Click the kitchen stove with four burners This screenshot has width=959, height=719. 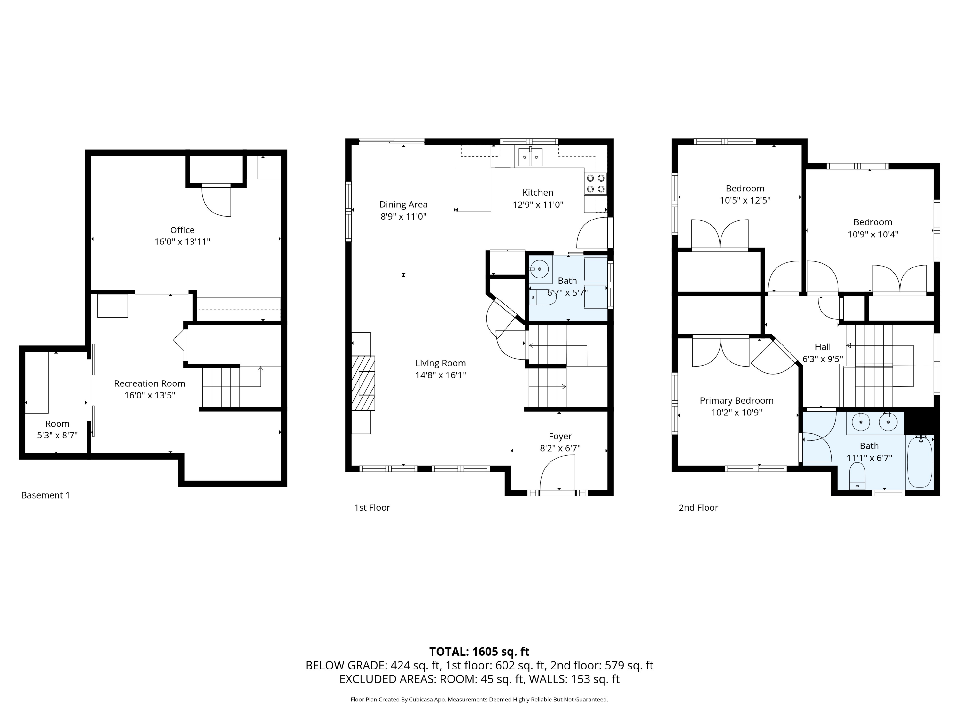595,183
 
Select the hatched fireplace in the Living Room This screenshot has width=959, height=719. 363,383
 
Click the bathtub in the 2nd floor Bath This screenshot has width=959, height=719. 919,462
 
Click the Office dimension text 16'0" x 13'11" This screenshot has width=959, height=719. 182,242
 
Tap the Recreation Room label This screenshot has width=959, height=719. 150,383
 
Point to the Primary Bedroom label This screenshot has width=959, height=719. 736,400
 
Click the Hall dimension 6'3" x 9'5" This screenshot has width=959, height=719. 823,359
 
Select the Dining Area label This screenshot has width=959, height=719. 403,205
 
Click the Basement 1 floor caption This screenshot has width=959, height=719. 45,495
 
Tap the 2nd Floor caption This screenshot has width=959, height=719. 698,507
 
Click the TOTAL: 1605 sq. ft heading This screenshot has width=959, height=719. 479,651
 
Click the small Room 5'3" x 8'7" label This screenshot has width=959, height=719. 57,424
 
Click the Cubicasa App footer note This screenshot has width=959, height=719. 479,700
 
